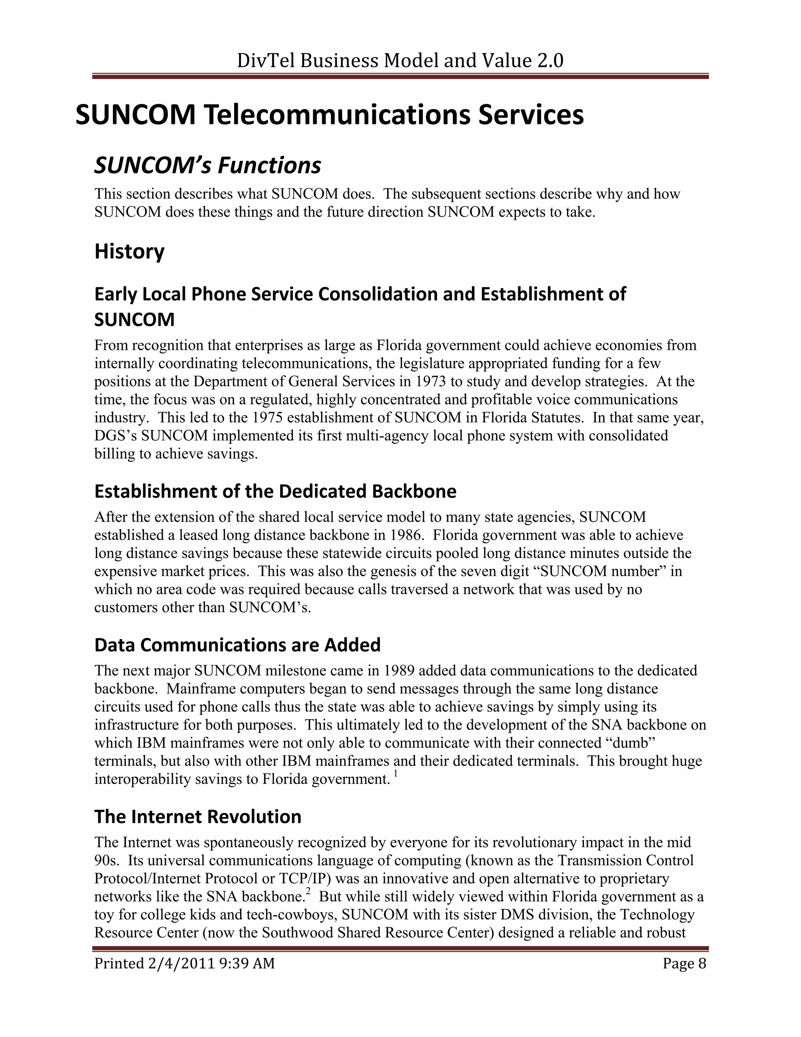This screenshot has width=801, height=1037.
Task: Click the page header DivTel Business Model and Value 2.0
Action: coord(400,61)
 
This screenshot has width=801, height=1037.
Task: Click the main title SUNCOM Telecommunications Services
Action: coord(329,115)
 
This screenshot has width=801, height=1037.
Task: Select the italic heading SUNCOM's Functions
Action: coord(207,166)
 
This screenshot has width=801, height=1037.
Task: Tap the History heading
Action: coord(129,251)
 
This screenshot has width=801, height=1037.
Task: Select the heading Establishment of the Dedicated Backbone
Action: coord(275,491)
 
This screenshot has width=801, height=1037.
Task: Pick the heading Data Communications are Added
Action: coord(237,645)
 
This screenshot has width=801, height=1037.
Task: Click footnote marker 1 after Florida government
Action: coord(395,774)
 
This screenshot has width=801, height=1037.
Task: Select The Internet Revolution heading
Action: coord(198,817)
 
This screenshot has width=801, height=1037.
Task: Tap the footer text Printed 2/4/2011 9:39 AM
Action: coord(185,963)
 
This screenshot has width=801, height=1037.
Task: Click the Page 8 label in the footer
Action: coord(684,963)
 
